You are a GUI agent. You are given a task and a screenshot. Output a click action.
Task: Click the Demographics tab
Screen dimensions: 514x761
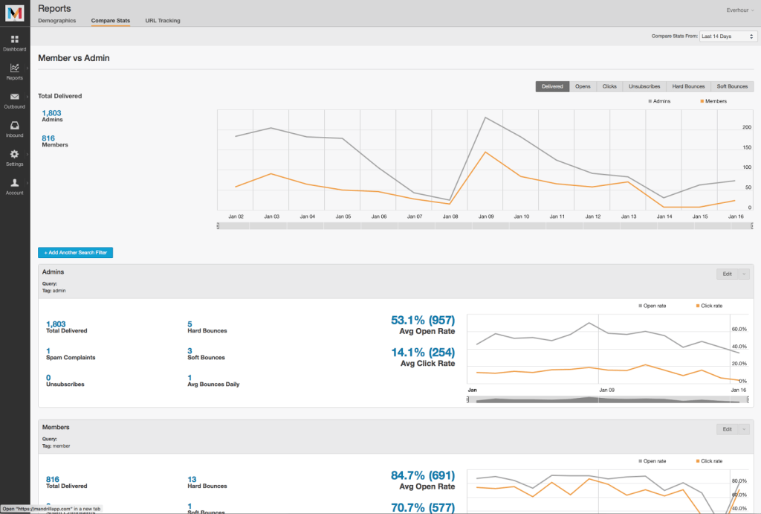point(57,21)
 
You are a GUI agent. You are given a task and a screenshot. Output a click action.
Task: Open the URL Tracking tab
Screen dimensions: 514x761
point(163,21)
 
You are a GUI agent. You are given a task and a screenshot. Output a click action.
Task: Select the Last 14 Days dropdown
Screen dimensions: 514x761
point(728,36)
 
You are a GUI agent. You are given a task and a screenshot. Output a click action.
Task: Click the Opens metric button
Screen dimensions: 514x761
point(583,86)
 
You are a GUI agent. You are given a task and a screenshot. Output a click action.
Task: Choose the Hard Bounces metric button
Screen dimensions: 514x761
point(687,86)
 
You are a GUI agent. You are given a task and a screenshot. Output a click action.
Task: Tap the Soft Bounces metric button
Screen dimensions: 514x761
point(732,86)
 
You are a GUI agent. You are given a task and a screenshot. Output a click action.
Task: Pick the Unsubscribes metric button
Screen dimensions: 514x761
point(644,86)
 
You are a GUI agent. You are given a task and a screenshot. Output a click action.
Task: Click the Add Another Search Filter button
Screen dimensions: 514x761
point(75,253)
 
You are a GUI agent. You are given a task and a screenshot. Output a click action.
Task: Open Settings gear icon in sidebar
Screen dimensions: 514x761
point(15,154)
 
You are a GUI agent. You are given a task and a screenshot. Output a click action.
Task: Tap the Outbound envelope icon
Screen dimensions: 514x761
point(15,97)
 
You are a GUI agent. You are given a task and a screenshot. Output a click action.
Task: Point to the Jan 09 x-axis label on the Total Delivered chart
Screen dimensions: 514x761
point(486,216)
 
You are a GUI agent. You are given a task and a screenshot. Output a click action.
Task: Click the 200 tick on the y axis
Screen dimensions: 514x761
point(746,127)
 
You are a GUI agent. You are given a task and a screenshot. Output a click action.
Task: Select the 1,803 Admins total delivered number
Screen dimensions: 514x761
point(51,113)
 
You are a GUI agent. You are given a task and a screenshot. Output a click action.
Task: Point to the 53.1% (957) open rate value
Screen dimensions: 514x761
point(422,320)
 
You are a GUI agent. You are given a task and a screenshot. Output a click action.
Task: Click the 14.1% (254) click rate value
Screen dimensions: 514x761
point(422,352)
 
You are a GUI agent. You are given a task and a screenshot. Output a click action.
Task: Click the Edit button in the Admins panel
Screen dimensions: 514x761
point(728,274)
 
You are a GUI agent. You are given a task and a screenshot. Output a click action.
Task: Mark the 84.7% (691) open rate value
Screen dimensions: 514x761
point(422,475)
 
